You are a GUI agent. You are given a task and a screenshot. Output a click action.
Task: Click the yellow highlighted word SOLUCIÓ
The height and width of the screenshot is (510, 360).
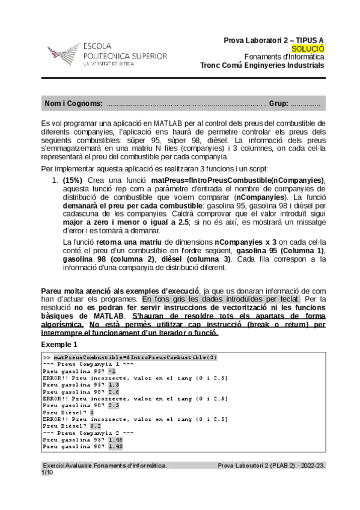pyautogui.click(x=307, y=49)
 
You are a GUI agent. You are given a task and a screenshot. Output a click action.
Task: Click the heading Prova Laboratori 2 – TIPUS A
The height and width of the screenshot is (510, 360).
pyautogui.click(x=273, y=40)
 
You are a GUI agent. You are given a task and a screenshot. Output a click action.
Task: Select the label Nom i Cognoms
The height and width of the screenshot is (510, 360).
pyautogui.click(x=73, y=103)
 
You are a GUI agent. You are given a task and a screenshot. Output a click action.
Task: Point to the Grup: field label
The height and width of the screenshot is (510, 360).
pyautogui.click(x=278, y=103)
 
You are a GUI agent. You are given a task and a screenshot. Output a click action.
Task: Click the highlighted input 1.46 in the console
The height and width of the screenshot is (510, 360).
pyautogui.click(x=115, y=440)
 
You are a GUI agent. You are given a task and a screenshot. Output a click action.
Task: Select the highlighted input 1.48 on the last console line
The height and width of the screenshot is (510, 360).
pyautogui.click(x=115, y=447)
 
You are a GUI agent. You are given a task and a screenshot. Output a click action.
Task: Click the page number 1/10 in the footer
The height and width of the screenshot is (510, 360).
pyautogui.click(x=47, y=473)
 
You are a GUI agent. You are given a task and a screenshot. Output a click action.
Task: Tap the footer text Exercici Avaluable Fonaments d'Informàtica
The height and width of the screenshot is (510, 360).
pyautogui.click(x=105, y=465)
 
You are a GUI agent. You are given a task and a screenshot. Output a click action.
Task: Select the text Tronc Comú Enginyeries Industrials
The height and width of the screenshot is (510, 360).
pyautogui.click(x=262, y=66)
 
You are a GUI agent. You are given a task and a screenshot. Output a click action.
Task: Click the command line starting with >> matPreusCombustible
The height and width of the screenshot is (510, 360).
pyautogui.click(x=130, y=357)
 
